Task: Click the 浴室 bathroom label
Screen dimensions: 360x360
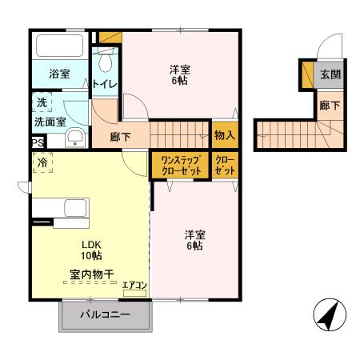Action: pos(59,74)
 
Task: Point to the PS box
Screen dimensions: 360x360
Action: pos(37,143)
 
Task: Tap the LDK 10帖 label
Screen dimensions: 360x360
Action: pos(90,250)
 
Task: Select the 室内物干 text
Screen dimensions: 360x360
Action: pos(90,275)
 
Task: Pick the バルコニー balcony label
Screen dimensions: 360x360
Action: pos(104,316)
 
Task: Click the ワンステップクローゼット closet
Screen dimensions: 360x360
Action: pos(179,165)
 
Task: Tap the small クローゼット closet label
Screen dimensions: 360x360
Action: pos(225,165)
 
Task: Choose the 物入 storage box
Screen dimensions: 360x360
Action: pos(224,135)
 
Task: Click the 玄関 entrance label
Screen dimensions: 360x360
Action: pos(330,74)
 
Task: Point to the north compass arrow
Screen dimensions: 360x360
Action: pos(328,314)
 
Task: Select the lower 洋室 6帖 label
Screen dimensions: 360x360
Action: pos(195,241)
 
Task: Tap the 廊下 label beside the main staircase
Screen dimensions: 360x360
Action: pos(122,136)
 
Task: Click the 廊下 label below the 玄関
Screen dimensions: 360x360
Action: pos(329,104)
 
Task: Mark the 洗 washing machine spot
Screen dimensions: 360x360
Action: pos(39,103)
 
